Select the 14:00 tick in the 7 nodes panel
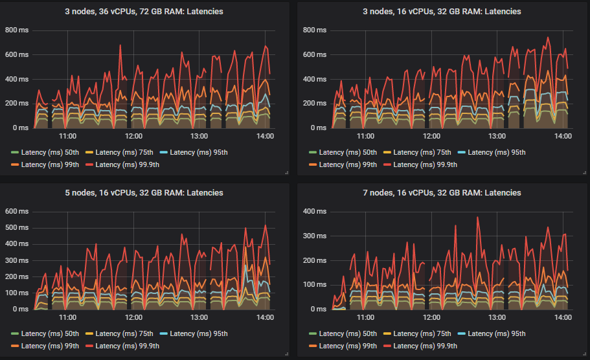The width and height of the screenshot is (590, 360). click(562, 318)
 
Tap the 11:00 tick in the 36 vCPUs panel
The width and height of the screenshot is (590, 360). click(68, 137)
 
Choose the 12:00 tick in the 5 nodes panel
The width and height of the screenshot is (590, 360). click(134, 318)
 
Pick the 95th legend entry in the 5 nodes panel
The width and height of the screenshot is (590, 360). click(193, 334)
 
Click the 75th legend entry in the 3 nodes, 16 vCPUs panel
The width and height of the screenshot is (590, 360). click(420, 153)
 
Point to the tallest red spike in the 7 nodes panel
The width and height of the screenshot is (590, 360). click(477, 218)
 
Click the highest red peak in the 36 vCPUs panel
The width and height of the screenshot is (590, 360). click(120, 45)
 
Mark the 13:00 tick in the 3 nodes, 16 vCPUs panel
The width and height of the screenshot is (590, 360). click(497, 137)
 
